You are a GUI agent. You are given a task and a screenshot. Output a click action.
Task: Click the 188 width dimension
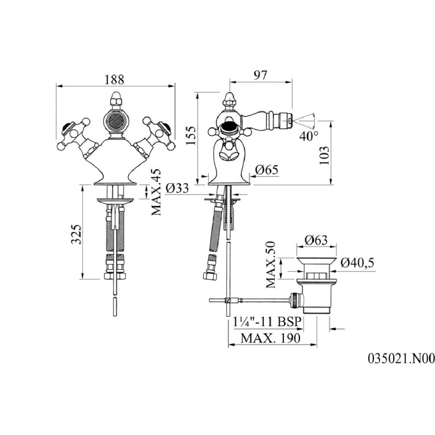coord(114,80)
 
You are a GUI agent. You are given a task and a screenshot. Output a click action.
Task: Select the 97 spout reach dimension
coord(260,75)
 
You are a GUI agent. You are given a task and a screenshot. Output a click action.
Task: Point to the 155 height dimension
coord(190,135)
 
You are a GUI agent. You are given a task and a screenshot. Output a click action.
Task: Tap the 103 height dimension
coord(324,155)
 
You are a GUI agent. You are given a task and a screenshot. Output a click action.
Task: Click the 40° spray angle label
coord(309,136)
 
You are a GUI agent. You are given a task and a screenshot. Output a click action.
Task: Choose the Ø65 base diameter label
coord(266,170)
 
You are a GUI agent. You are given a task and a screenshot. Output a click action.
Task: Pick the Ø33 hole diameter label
coord(177,188)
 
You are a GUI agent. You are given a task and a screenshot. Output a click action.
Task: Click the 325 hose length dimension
coord(76,234)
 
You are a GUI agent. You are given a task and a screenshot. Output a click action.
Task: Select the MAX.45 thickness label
coord(156,192)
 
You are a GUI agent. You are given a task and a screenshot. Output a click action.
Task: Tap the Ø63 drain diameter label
coord(316,240)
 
